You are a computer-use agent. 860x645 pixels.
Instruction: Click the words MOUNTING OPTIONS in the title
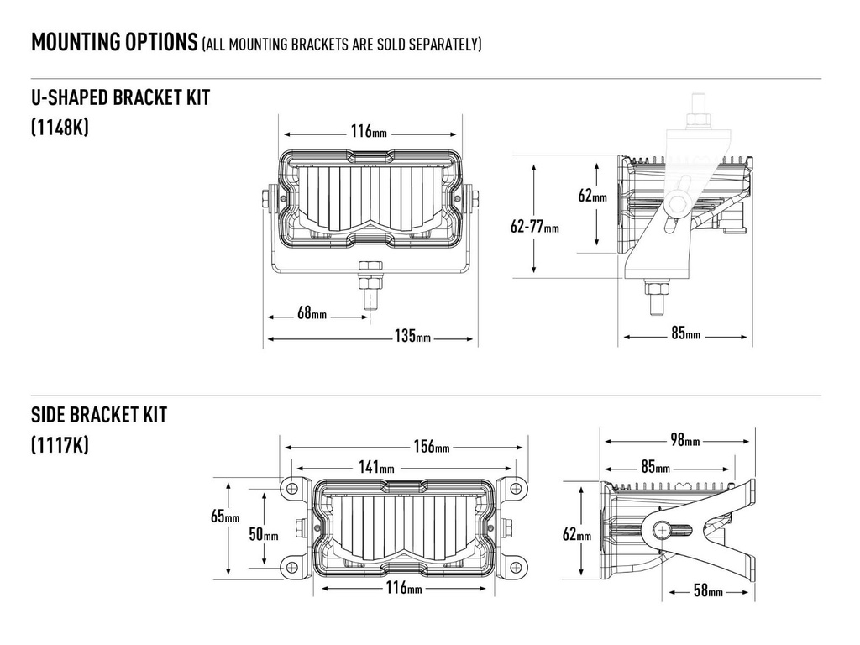[x=113, y=42]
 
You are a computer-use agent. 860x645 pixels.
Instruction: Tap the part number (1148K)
[x=60, y=128]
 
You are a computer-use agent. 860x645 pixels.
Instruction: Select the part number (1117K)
[x=59, y=444]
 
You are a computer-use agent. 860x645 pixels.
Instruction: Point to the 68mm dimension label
[x=312, y=314]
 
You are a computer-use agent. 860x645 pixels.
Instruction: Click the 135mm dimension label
[x=412, y=338]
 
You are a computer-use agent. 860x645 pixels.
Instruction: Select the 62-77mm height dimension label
[x=534, y=226]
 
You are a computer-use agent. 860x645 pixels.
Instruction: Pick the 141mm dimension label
[x=375, y=468]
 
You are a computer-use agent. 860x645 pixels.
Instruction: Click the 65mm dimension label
[x=225, y=517]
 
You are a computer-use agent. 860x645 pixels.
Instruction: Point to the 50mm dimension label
[x=265, y=535]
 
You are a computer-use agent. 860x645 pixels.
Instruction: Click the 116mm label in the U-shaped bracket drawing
[x=369, y=132]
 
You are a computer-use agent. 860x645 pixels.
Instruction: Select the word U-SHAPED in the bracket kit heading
[x=71, y=97]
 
